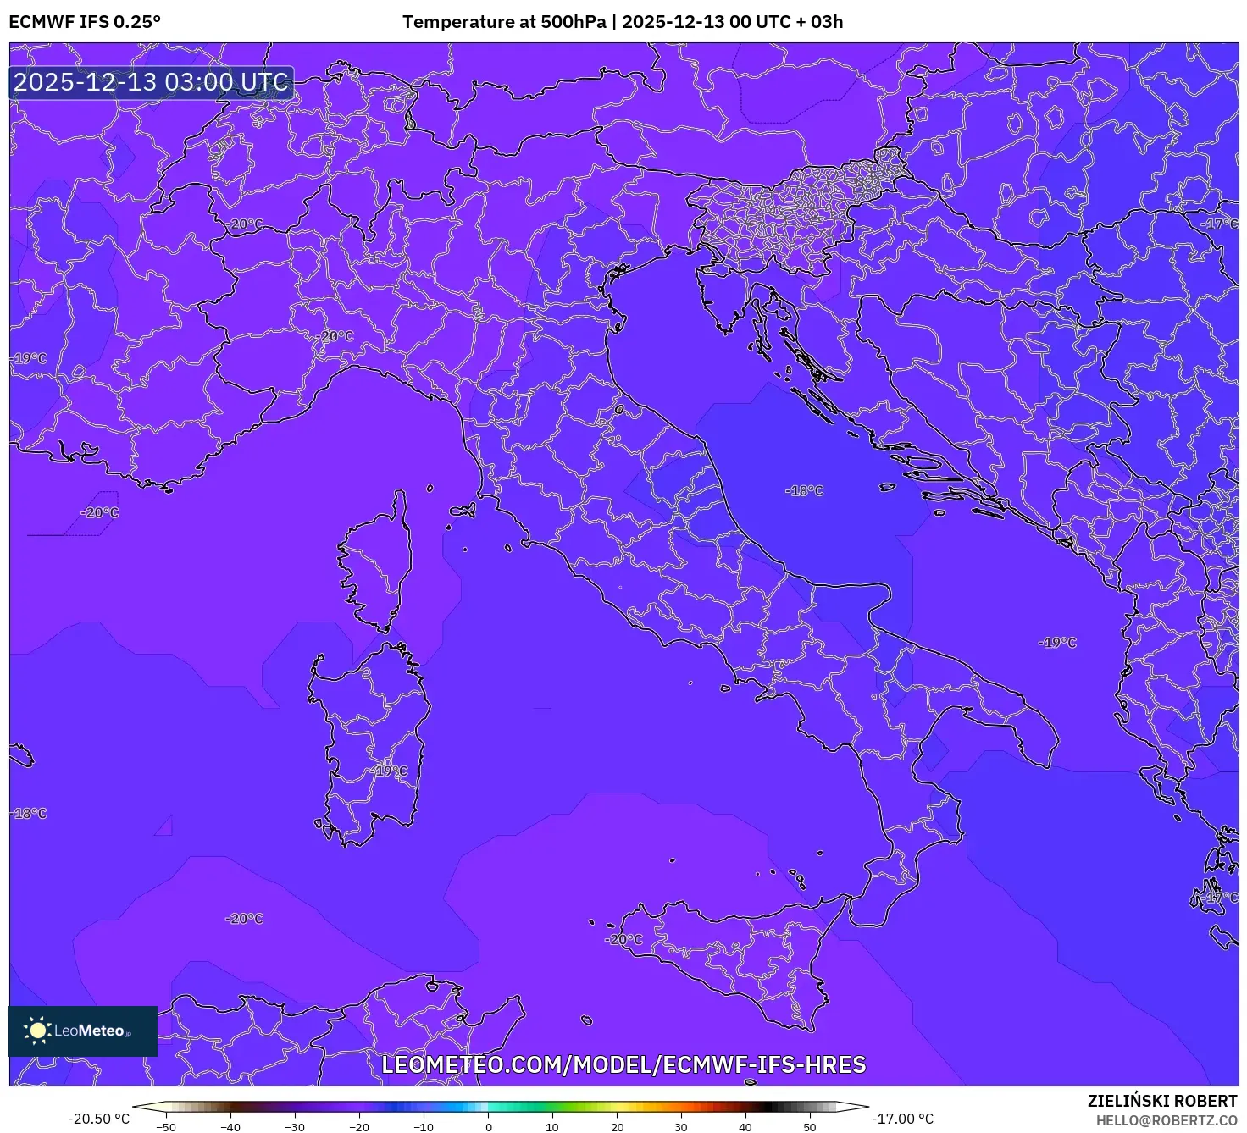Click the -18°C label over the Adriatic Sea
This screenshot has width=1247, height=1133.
[804, 490]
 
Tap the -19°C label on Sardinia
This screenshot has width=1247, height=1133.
[390, 771]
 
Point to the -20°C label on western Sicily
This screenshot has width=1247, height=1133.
[624, 939]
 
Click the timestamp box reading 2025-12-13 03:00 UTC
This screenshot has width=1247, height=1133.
[152, 82]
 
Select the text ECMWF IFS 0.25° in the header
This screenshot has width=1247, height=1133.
[85, 22]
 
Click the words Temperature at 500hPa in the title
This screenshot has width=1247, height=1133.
[504, 22]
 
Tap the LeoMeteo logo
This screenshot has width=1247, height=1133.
[83, 1031]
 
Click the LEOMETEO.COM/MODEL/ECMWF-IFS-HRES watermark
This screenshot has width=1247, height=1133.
[623, 1064]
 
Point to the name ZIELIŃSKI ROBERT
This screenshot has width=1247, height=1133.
[1162, 1101]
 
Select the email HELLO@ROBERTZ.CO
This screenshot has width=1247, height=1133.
[1167, 1120]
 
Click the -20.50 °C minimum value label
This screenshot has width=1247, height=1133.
[99, 1119]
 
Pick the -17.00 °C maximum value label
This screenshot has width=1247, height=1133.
[903, 1119]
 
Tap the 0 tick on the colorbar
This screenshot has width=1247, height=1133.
[488, 1127]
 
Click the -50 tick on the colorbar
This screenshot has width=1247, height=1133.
[166, 1127]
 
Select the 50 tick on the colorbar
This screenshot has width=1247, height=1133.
[810, 1127]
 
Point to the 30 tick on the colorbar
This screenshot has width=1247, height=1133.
[681, 1127]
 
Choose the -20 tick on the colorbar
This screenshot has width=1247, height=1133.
[359, 1127]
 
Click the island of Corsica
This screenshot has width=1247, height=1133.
[374, 563]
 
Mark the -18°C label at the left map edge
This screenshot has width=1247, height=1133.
[29, 813]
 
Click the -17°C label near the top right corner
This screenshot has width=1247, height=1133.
[1220, 224]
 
